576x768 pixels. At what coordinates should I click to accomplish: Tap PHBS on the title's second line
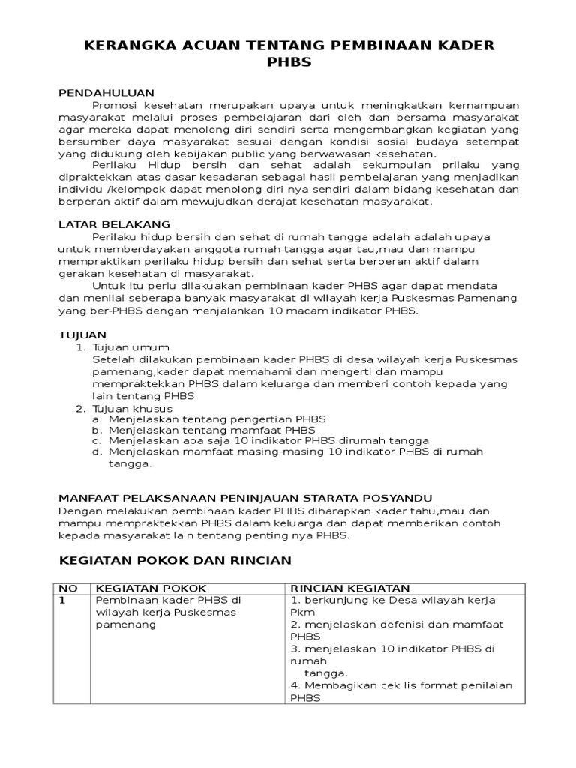289,63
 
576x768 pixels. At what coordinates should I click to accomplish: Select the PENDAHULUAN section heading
106,92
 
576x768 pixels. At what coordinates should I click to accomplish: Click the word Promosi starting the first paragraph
114,105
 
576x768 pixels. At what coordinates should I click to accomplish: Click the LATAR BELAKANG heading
115,224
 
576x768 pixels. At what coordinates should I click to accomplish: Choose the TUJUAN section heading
82,334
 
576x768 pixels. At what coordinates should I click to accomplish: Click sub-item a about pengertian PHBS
217,419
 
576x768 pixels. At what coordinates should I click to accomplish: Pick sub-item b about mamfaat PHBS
211,430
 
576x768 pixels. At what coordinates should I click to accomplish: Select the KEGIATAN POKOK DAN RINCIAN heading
175,560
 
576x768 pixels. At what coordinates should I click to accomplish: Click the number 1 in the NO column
62,601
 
